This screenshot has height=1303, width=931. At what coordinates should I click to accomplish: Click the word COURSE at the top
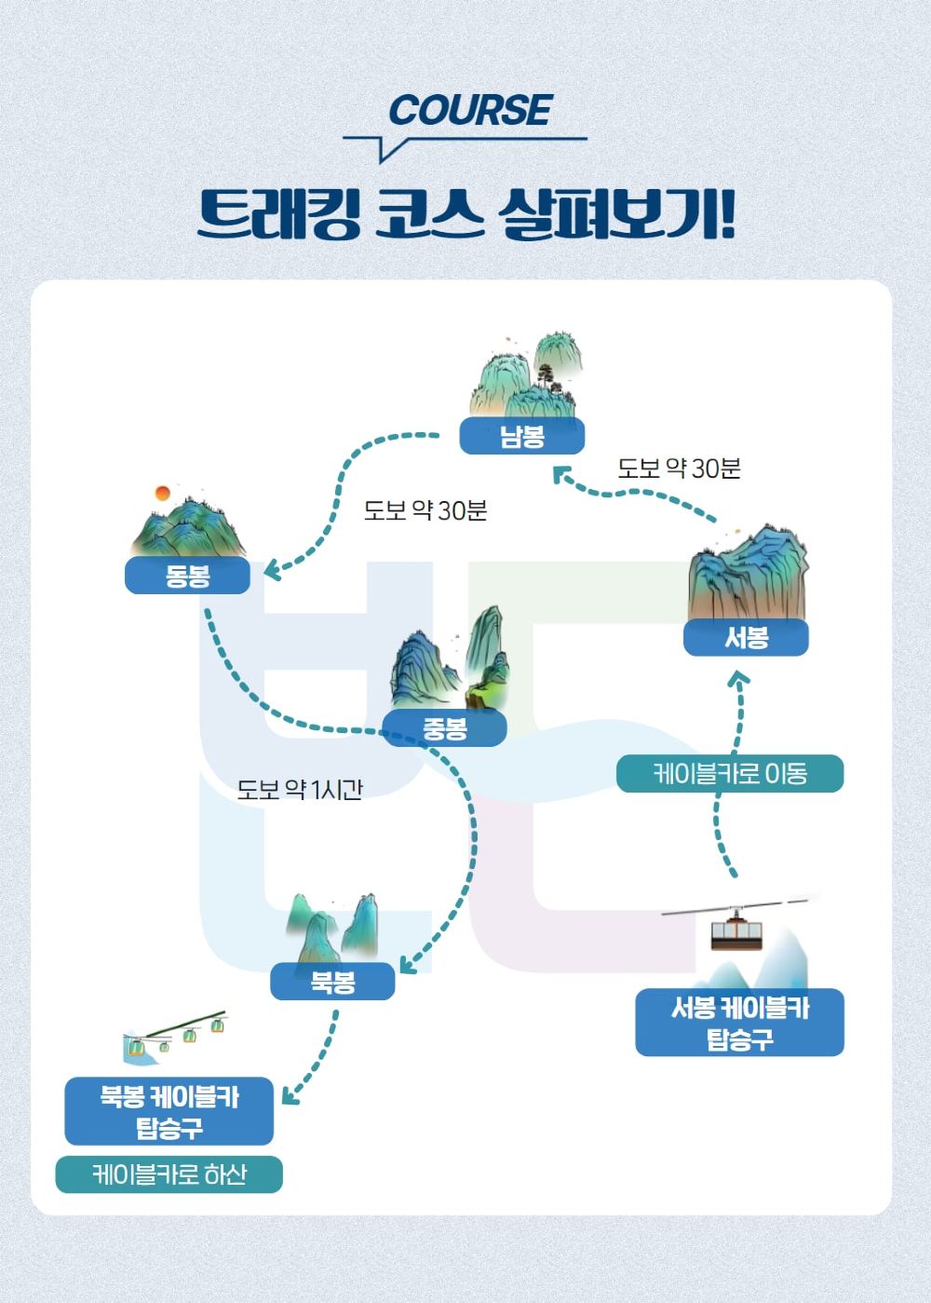(470, 111)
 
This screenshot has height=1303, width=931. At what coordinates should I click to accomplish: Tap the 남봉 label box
(521, 436)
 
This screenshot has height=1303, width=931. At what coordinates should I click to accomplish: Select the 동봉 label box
(187, 577)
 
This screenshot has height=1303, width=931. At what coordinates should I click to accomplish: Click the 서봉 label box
(746, 638)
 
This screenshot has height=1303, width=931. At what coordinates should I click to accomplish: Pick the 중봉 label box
(444, 728)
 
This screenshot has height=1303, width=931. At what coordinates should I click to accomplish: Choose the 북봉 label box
(332, 982)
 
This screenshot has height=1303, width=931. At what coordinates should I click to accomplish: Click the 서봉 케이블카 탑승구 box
(739, 1023)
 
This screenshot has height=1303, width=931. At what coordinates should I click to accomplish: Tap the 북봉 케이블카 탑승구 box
(169, 1112)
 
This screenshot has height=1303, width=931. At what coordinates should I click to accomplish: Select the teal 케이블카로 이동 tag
(729, 774)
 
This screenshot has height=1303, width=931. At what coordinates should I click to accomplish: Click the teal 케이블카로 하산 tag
(169, 1174)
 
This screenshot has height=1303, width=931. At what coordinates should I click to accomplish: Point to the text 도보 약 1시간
(299, 790)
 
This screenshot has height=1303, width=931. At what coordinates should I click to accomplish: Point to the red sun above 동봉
(162, 494)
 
